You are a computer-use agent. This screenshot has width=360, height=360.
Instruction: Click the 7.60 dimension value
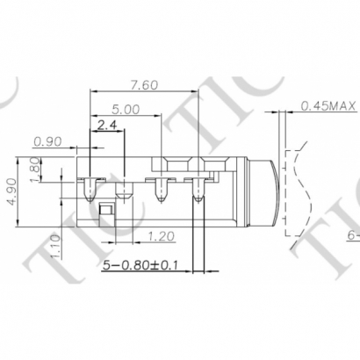(x=145, y=85)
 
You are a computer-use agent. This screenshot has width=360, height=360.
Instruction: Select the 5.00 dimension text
(x=126, y=110)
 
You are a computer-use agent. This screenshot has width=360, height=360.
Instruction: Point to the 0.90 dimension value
(x=47, y=140)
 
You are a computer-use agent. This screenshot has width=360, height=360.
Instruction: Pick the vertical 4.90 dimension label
(x=11, y=190)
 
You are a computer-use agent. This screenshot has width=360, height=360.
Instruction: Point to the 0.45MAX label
(x=328, y=105)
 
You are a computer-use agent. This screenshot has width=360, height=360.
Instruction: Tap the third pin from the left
(x=161, y=188)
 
